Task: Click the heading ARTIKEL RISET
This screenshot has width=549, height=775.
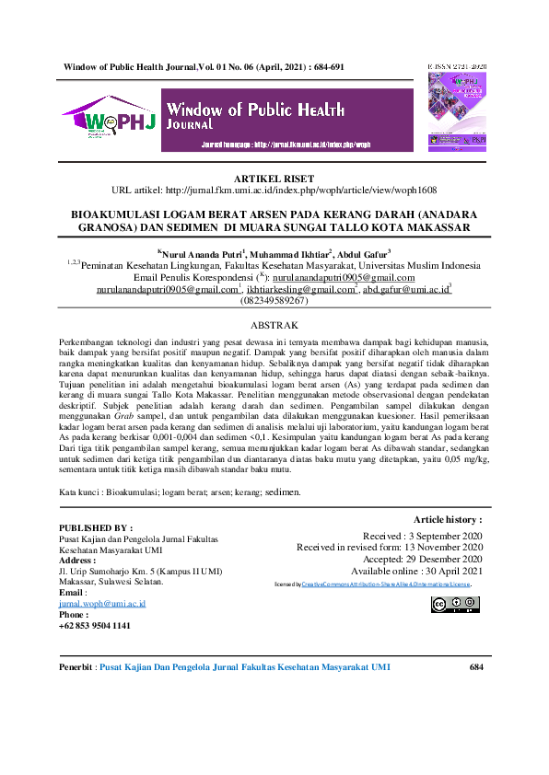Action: point(274,179)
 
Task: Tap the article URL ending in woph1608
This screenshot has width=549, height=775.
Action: point(274,191)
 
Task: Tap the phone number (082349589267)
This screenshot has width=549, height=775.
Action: point(274,301)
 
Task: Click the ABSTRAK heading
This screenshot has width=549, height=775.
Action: point(274,326)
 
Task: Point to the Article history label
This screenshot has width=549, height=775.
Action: point(448,520)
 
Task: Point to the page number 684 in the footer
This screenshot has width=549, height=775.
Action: point(476,667)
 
